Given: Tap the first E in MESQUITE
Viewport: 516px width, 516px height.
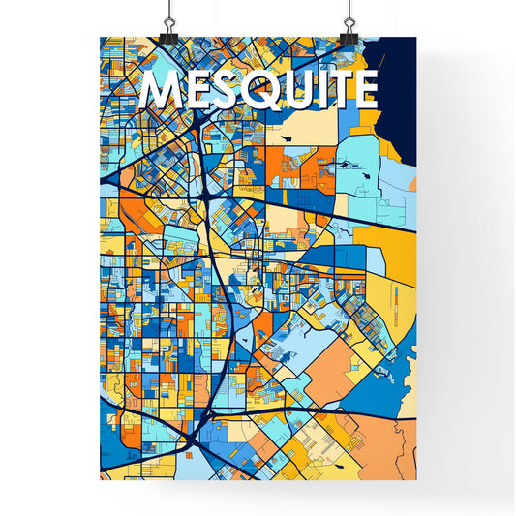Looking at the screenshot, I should (x=196, y=90).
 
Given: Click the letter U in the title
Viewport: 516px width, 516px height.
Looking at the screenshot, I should (x=296, y=90).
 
